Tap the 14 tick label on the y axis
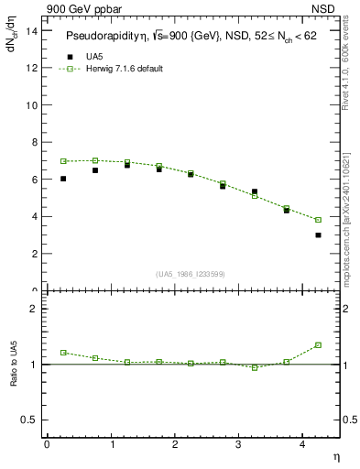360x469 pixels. click(31, 30)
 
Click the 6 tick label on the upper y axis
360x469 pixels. click(34, 180)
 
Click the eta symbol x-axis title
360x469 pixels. click(335, 457)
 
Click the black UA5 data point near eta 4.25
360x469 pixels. click(318, 235)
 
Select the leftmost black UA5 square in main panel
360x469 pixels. click(63, 179)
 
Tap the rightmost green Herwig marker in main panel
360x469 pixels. click(318, 220)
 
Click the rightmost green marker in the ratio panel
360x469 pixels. click(318, 345)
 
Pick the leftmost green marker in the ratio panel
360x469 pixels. click(63, 353)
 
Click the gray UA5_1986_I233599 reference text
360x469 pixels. click(191, 274)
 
